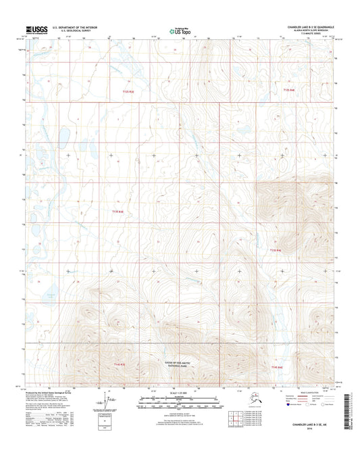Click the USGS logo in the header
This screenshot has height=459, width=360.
pos(37,29)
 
